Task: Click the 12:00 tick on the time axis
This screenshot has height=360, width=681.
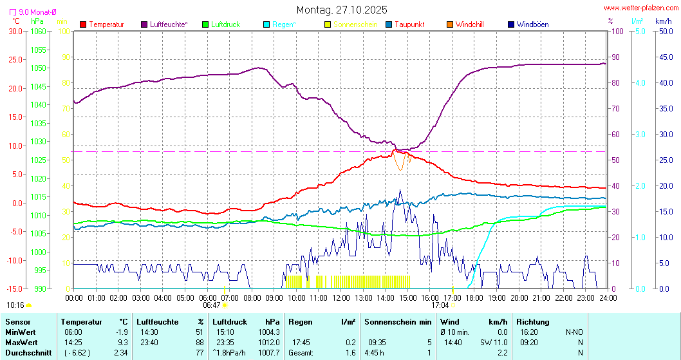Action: pos(341,298)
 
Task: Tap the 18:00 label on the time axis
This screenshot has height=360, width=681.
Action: pos(475,298)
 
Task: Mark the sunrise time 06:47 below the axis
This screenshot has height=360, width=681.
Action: pos(212,305)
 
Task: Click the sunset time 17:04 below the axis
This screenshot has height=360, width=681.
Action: pos(440,305)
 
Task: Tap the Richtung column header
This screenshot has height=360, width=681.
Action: pos(532,321)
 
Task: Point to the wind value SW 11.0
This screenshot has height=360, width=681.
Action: pos(494,342)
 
